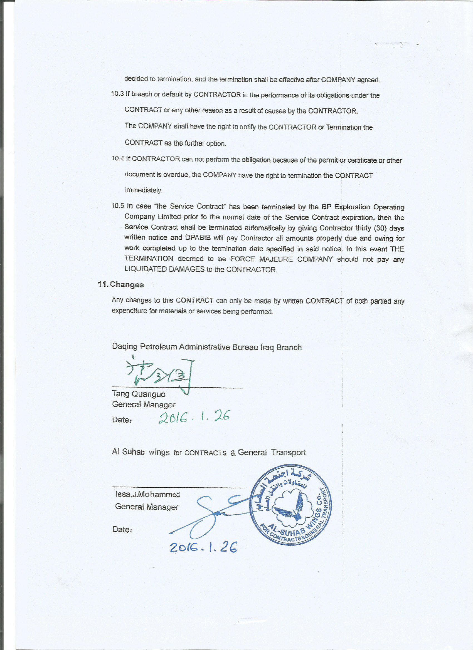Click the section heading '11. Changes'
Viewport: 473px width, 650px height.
tap(121, 285)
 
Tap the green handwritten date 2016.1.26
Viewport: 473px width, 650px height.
tap(194, 418)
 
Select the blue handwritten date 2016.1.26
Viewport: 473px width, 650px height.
tap(203, 548)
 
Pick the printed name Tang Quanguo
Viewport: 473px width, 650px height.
tap(139, 394)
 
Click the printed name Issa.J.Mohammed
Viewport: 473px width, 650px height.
tap(147, 494)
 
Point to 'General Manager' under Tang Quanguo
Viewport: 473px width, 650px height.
tap(144, 405)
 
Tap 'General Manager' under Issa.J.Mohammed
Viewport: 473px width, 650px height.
tap(147, 507)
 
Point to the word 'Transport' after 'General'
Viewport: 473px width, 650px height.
tap(289, 452)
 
